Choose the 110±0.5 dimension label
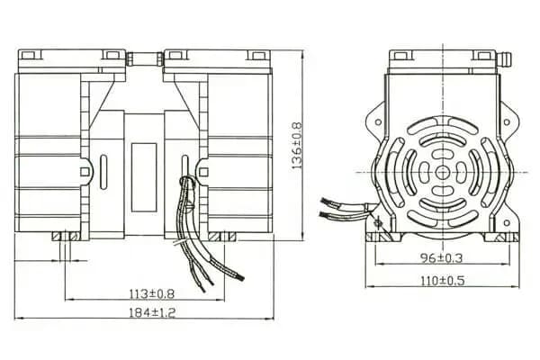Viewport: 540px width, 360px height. pos(441,281)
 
